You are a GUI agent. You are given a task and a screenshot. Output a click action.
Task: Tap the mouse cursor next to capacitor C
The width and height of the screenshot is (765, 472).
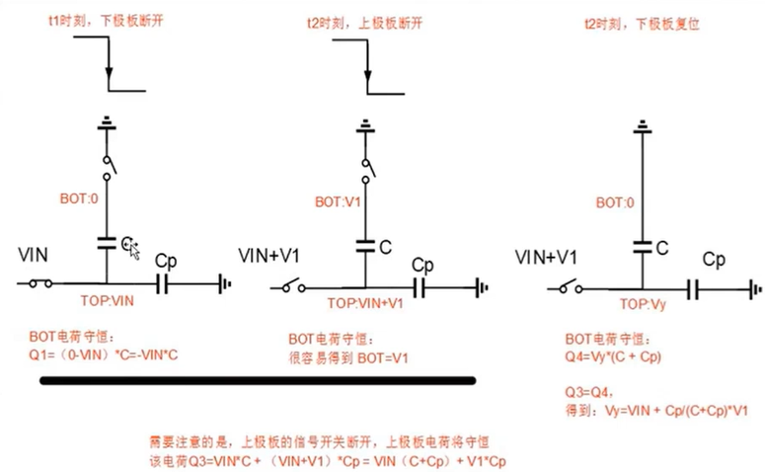pyautogui.click(x=133, y=251)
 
